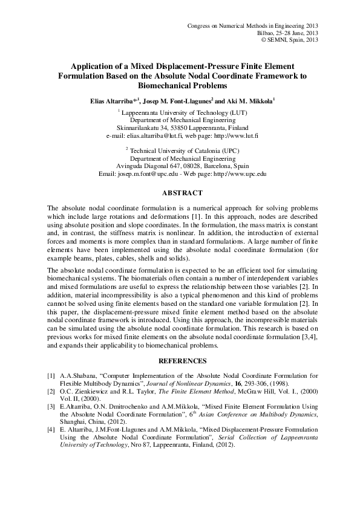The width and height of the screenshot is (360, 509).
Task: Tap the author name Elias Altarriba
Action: pos(113,100)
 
